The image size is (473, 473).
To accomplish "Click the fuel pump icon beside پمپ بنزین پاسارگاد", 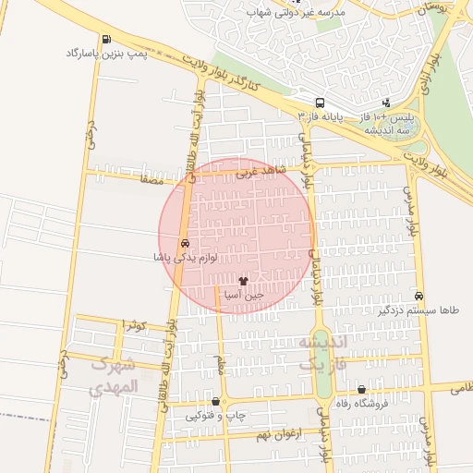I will [106, 39].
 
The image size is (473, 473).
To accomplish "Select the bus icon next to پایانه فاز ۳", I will [320, 103].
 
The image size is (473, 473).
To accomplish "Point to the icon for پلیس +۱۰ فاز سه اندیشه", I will [385, 103].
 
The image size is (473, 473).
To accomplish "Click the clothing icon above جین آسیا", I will [244, 280].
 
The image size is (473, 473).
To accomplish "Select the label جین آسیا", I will [244, 295].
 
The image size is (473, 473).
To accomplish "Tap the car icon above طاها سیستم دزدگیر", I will [420, 297].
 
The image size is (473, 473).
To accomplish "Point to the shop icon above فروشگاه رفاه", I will [361, 390].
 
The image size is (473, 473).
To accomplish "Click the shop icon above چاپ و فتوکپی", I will [216, 402].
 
